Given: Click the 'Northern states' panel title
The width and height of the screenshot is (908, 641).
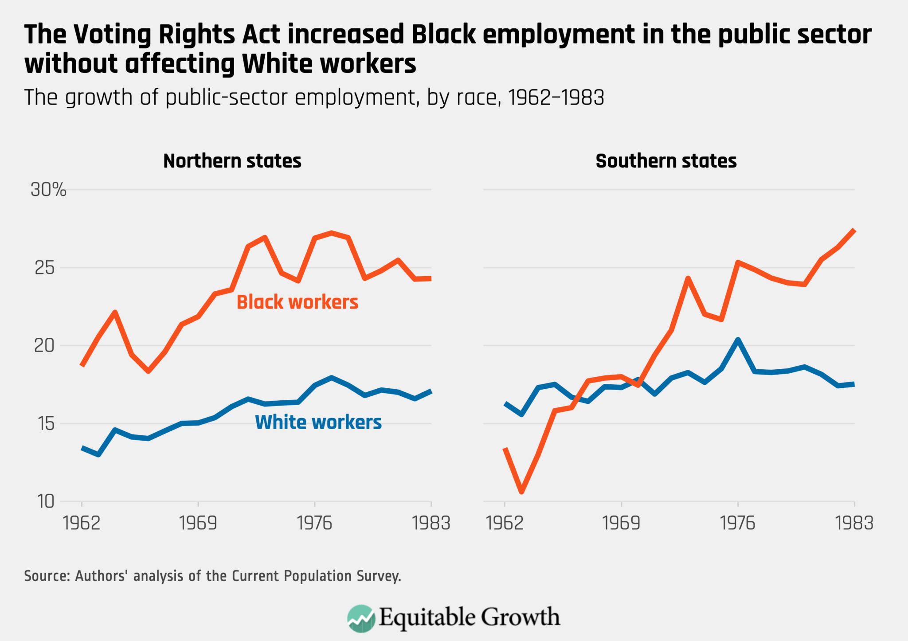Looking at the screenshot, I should pyautogui.click(x=232, y=161).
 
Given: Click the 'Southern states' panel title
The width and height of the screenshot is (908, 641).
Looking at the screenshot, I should pyautogui.click(x=666, y=161).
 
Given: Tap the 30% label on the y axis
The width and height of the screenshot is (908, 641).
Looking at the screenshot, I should pyautogui.click(x=48, y=190).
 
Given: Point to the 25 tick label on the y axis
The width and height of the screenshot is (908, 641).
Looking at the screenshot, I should pyautogui.click(x=44, y=268).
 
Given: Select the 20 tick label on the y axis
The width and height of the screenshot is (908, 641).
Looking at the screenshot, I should pyautogui.click(x=44, y=345).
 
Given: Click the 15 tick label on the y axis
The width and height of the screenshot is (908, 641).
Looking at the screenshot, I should pyautogui.click(x=44, y=423).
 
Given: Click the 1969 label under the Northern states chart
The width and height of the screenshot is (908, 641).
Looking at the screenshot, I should pyautogui.click(x=198, y=524).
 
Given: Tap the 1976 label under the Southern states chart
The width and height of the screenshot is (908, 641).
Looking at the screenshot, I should pyautogui.click(x=738, y=524).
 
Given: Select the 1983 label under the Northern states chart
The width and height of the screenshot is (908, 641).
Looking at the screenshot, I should pyautogui.click(x=431, y=524).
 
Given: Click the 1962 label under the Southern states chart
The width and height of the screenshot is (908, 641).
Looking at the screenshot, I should pyautogui.click(x=505, y=524).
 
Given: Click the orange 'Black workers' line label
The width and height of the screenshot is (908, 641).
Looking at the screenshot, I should pyautogui.click(x=297, y=302).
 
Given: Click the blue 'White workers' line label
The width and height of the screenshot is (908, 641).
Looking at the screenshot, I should pyautogui.click(x=318, y=422).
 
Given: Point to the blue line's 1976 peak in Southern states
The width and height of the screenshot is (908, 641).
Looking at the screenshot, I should pyautogui.click(x=738, y=340).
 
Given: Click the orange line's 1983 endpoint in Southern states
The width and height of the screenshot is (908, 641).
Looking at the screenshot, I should pyautogui.click(x=854, y=230).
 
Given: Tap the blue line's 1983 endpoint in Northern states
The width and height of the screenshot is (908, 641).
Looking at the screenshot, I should pyautogui.click(x=431, y=391).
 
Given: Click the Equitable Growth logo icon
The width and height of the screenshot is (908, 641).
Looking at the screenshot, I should pyautogui.click(x=361, y=618).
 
